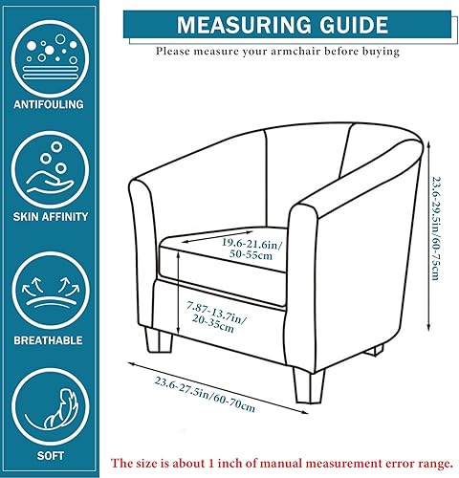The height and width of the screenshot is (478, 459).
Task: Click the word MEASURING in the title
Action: point(244,25)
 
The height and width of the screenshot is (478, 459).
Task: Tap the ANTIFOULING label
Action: point(49,104)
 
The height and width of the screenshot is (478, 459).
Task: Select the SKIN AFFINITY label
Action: point(51,217)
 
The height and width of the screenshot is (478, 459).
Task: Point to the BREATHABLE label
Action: point(49,340)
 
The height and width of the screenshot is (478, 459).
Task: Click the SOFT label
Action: point(51,456)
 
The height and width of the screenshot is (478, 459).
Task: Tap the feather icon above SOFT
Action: point(60,409)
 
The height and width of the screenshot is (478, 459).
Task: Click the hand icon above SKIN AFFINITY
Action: point(51,170)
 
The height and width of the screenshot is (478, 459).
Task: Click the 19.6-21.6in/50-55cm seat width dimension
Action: point(251,250)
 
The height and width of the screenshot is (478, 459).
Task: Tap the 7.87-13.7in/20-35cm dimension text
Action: point(217,317)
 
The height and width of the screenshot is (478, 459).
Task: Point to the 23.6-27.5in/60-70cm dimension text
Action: point(205,394)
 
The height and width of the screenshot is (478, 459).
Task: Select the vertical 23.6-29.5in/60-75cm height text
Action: point(435,228)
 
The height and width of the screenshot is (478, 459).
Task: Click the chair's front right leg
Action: point(309,386)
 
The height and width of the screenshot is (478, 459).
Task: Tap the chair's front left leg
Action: point(159,340)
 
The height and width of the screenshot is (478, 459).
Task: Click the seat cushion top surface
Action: point(223,247)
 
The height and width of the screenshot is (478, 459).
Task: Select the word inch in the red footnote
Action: point(230,463)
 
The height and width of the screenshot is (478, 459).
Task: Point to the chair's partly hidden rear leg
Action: point(375,350)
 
